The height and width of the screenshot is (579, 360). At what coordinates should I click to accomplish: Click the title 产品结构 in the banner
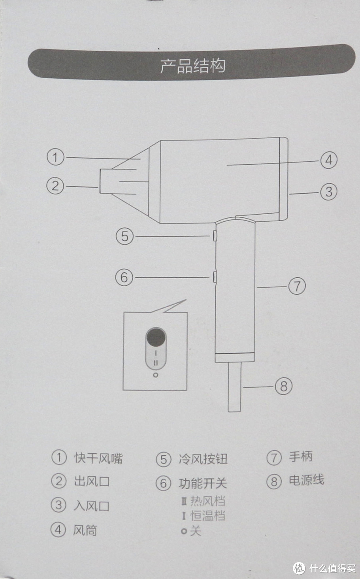193,66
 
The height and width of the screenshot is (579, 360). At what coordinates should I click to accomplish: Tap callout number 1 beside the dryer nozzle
55,157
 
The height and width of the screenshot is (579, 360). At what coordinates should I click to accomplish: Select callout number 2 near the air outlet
55,186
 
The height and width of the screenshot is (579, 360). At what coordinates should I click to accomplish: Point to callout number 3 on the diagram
329,192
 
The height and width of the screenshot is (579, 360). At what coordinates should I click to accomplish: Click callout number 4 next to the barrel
329,160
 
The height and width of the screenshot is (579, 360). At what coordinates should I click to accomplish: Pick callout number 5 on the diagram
124,236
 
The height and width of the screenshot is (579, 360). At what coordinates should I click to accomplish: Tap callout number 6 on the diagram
124,277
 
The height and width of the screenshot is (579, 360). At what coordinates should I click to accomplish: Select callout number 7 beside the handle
297,286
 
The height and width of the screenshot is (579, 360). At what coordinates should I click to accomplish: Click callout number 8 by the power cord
283,387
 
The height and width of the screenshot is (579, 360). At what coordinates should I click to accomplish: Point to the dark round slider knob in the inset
156,337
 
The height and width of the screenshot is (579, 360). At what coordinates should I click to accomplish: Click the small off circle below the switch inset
156,375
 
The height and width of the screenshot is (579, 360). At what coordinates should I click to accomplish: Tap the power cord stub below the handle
235,387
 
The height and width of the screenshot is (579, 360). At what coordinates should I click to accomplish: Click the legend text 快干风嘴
98,458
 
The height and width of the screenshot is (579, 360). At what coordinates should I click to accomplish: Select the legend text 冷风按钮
203,459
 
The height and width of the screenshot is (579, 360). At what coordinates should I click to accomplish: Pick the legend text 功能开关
203,483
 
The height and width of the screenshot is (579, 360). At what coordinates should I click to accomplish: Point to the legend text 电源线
307,480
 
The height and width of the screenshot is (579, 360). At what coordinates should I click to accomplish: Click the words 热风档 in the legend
208,501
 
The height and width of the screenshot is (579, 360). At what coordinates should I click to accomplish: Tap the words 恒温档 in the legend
208,515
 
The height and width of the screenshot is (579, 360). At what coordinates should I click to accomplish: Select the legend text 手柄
301,456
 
